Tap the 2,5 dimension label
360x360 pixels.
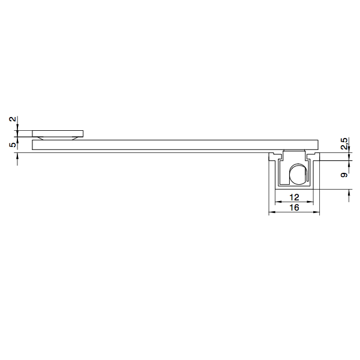click(344, 144)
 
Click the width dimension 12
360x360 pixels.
click(294, 197)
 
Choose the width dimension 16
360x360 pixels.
click(294, 208)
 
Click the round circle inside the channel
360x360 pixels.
click(297, 175)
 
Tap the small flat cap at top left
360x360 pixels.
click(58, 133)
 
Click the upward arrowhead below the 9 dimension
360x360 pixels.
click(350, 191)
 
